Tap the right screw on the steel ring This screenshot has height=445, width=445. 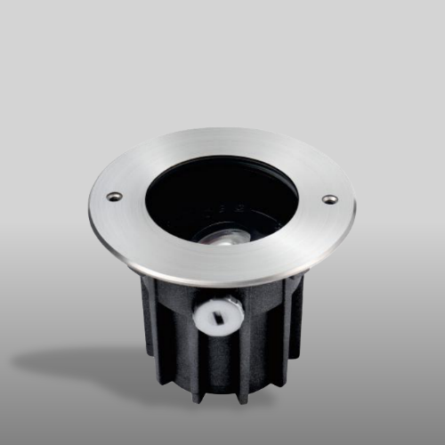(x=329, y=199)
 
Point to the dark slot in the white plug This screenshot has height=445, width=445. (x=219, y=314)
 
